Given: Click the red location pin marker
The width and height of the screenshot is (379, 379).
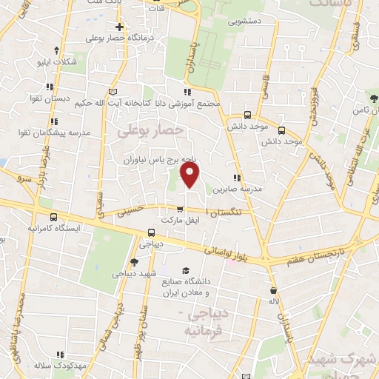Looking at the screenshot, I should point(191,176).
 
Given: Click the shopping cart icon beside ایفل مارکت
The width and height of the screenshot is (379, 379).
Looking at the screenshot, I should point(180,209).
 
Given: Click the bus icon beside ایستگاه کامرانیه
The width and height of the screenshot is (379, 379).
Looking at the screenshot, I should point(53,218).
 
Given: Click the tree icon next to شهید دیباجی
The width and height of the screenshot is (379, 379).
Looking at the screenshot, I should point(133,261).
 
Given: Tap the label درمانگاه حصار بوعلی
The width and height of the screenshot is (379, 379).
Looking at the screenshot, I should point(118,38).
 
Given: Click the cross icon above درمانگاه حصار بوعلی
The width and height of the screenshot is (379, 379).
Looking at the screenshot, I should point(118,27).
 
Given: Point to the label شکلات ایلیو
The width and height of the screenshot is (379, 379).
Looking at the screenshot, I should point(56,62).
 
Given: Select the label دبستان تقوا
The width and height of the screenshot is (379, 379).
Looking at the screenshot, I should point(53,98).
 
